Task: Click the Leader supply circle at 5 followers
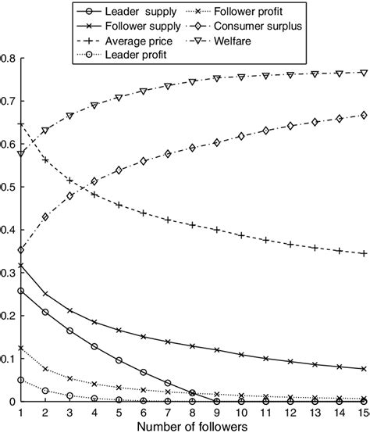tap(119, 360)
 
